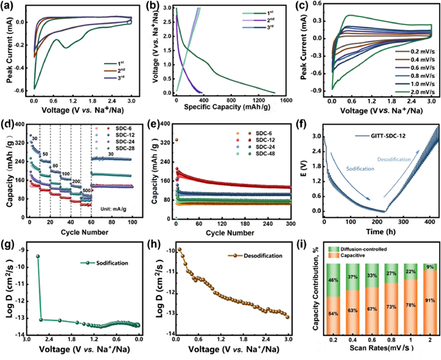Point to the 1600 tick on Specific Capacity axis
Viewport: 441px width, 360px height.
pos(285,101)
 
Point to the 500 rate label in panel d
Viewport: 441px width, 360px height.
pos(87,189)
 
